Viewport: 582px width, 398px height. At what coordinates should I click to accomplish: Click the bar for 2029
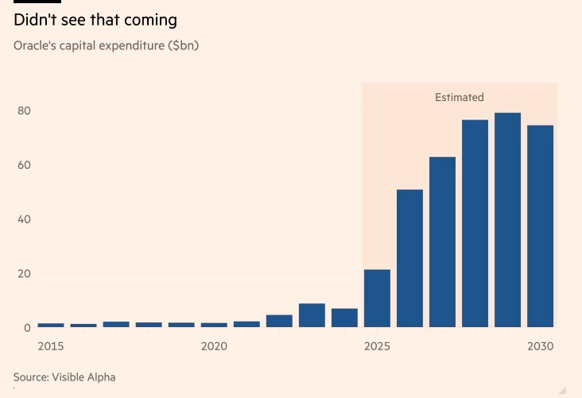(x=507, y=220)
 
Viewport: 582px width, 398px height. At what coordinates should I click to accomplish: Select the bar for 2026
(x=409, y=258)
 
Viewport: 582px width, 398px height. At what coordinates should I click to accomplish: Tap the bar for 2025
(x=377, y=298)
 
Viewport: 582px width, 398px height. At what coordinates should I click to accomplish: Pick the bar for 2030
(x=540, y=226)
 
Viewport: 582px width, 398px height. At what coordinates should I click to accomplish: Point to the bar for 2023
(x=312, y=315)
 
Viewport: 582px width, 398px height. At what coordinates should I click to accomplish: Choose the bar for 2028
(x=475, y=223)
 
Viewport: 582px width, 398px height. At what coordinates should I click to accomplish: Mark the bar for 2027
(x=442, y=242)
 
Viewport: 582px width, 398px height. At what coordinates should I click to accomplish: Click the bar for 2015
(x=51, y=325)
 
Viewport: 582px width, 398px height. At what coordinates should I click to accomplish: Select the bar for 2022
(x=279, y=321)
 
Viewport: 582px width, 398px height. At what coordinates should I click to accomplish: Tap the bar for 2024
(x=344, y=318)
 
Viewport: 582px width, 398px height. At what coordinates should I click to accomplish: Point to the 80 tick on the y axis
(x=24, y=111)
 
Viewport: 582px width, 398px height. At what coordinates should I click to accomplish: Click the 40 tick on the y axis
(x=24, y=219)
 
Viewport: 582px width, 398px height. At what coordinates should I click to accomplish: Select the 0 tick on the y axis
(x=27, y=327)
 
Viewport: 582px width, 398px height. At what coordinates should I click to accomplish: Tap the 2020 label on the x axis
(x=214, y=346)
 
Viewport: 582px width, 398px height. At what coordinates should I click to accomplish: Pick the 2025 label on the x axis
(x=377, y=346)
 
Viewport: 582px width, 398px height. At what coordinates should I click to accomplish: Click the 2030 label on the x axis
(x=540, y=346)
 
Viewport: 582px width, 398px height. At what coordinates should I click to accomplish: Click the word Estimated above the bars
(x=459, y=97)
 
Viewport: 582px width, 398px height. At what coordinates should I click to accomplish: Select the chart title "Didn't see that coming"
(x=95, y=20)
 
